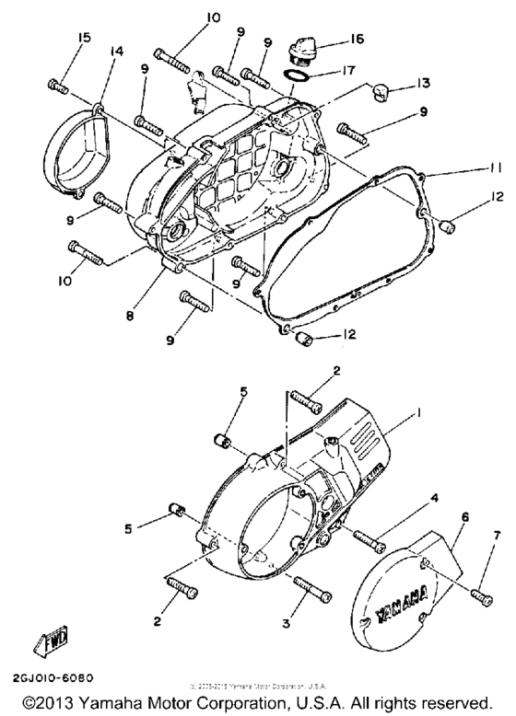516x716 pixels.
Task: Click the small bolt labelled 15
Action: (57, 86)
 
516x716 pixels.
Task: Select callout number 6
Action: (465, 519)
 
